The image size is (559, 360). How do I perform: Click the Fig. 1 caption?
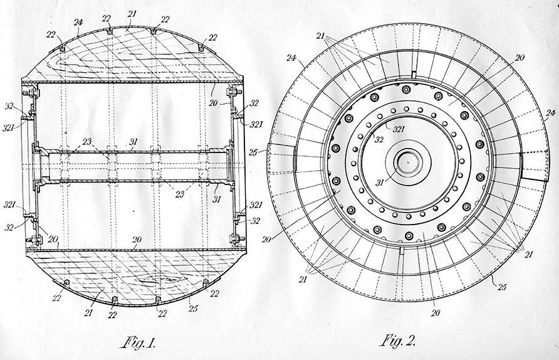pyautogui.click(x=139, y=343)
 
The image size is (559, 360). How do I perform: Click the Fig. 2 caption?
pyautogui.click(x=398, y=341)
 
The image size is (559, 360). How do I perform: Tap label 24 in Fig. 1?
pyautogui.click(x=78, y=23)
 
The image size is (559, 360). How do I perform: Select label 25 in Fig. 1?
pyautogui.click(x=192, y=309)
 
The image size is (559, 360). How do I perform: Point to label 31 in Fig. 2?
pyautogui.click(x=380, y=183)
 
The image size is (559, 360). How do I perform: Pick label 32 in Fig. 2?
pyautogui.click(x=379, y=139)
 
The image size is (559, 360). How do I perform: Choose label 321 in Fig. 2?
pyautogui.click(x=398, y=129)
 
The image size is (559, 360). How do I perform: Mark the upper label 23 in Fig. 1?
pyautogui.click(x=86, y=142)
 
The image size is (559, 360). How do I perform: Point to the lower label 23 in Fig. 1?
pyautogui.click(x=180, y=194)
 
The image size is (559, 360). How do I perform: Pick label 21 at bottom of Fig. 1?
pyautogui.click(x=88, y=312)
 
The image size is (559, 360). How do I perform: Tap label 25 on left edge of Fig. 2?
pyautogui.click(x=253, y=152)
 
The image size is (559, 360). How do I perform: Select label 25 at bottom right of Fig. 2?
pyautogui.click(x=501, y=287)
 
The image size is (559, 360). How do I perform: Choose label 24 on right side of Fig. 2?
pyautogui.click(x=550, y=114)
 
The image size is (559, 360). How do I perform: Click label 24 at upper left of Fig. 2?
pyautogui.click(x=291, y=58)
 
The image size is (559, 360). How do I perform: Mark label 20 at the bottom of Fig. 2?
pyautogui.click(x=436, y=313)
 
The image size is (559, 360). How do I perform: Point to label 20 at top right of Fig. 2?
pyautogui.click(x=520, y=58)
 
